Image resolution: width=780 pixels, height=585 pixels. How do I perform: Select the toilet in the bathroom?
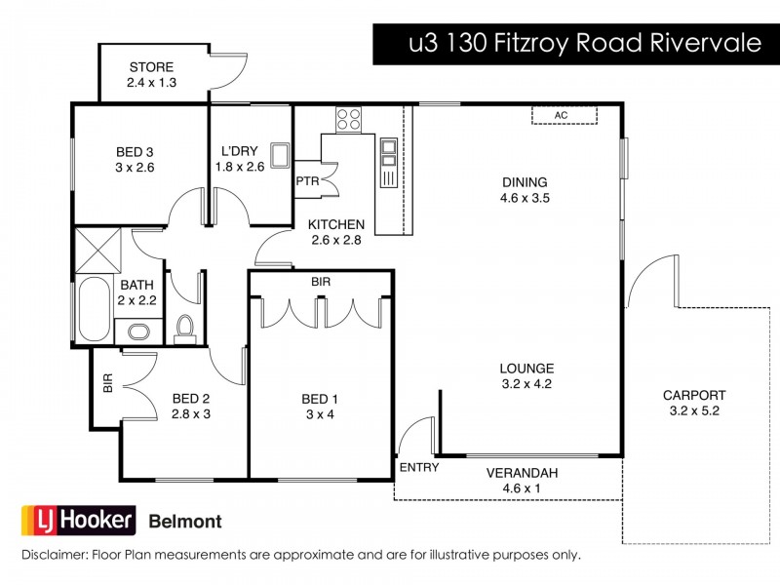click(x=184, y=330)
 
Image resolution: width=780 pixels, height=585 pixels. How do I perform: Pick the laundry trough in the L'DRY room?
click(x=280, y=155)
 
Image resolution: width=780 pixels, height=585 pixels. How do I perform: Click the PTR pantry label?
click(x=307, y=180)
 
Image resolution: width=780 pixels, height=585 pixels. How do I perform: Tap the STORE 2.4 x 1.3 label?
click(x=150, y=75)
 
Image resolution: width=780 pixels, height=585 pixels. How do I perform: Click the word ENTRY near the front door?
click(x=419, y=468)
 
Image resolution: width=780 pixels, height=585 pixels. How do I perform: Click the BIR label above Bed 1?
click(x=320, y=281)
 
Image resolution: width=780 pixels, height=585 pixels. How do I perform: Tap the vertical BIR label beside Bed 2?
click(x=107, y=383)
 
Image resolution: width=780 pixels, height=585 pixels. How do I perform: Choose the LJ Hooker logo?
click(x=77, y=521)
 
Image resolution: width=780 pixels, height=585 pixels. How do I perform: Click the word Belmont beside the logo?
click(x=184, y=522)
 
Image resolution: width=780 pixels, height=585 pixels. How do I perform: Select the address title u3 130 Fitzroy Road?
click(x=575, y=45)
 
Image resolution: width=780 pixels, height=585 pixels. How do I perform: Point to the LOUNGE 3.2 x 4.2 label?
click(x=526, y=376)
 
